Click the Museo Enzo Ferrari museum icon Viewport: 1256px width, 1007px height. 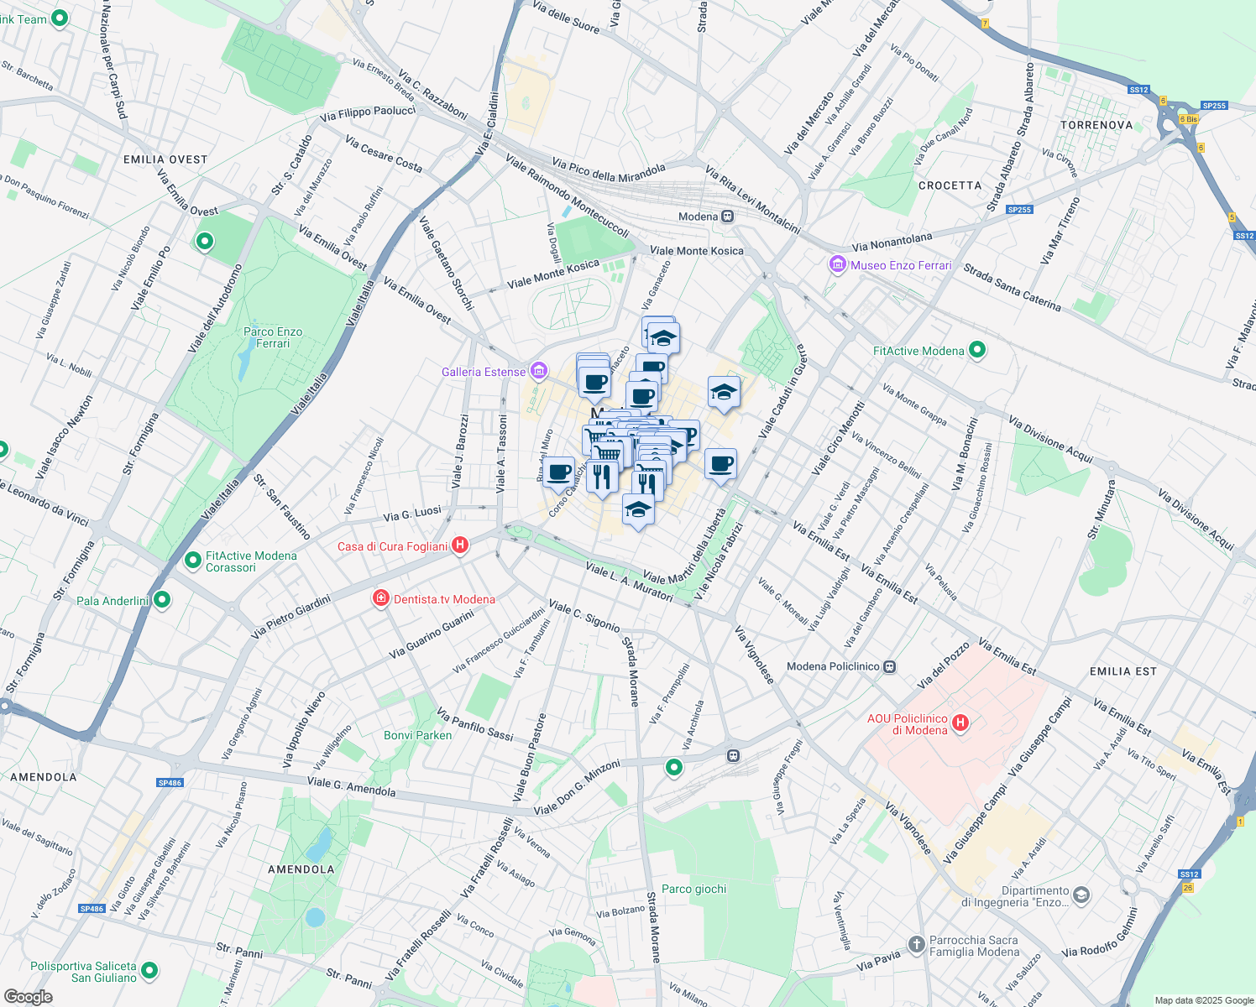click(837, 265)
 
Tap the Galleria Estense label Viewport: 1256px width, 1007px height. click(484, 372)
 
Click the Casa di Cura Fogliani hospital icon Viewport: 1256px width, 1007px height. click(459, 545)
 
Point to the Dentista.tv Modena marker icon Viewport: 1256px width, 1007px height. click(381, 598)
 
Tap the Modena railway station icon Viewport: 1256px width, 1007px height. click(728, 217)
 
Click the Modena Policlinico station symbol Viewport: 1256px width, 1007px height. click(890, 667)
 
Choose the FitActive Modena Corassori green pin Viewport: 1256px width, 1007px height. click(192, 559)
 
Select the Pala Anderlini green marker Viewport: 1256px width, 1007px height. click(162, 600)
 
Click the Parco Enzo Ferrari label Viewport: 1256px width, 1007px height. click(273, 337)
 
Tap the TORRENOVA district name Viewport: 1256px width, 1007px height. click(1096, 125)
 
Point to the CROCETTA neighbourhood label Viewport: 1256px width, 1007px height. click(950, 185)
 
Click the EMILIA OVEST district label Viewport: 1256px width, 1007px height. click(165, 159)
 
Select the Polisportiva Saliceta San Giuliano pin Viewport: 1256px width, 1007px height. click(149, 971)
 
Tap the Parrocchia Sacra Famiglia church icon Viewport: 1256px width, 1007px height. click(916, 943)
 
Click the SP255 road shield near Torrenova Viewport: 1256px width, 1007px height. click(1214, 106)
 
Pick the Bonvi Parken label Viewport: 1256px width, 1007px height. click(417, 735)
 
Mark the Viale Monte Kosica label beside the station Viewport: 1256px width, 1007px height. click(696, 250)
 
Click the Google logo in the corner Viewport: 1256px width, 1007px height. click(28, 997)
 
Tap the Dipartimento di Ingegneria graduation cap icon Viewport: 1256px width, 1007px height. click(1081, 895)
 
